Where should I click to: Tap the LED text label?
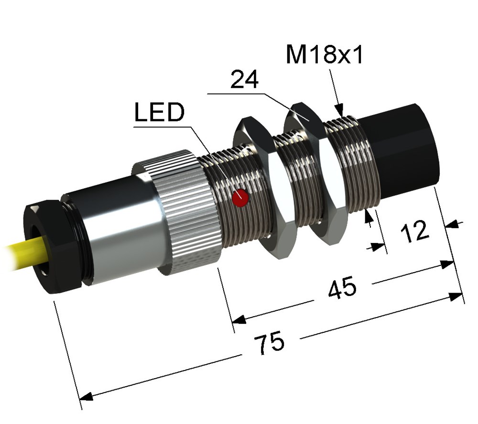[x=160, y=112]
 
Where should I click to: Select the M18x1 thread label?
[x=325, y=55]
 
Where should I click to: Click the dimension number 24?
[x=244, y=79]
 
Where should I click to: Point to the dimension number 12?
[x=415, y=231]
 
